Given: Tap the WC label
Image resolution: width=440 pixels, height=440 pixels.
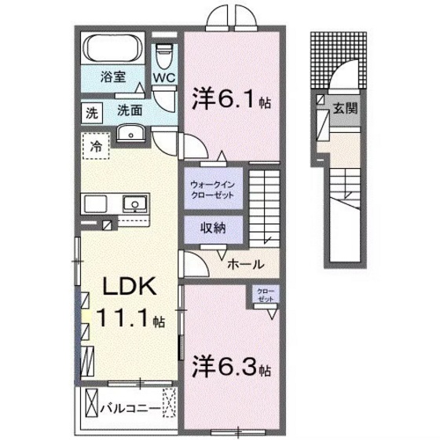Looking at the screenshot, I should tap(163, 78).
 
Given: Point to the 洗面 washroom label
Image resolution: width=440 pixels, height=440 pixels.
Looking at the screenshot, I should tap(130, 111).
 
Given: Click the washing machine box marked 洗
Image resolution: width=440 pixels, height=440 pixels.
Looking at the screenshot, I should tap(92, 112).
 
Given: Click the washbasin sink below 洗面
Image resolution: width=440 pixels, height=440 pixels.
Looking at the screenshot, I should tap(130, 134).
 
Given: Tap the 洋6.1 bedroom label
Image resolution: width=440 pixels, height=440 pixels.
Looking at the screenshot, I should tap(226, 100).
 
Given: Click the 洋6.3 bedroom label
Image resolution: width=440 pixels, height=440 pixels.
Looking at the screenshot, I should tap(228, 367).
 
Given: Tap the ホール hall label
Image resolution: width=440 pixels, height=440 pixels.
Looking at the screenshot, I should tap(244, 265).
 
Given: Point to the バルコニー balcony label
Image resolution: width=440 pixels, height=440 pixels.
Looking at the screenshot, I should tap(132, 408).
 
